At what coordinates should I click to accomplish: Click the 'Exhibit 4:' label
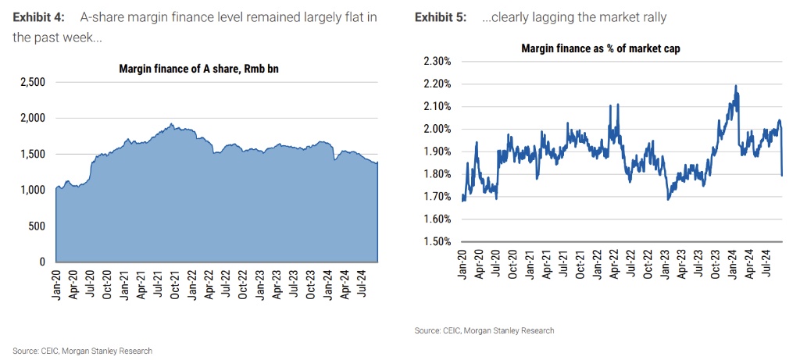(39, 17)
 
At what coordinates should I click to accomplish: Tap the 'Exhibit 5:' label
(441, 17)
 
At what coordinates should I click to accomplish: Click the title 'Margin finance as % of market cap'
(600, 48)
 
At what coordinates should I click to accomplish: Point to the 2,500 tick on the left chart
(32, 82)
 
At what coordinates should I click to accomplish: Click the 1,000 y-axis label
(32, 190)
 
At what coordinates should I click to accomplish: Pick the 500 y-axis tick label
(37, 226)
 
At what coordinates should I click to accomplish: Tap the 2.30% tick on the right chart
(436, 62)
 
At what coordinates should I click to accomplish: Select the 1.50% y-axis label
(436, 241)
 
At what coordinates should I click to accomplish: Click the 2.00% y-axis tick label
(436, 129)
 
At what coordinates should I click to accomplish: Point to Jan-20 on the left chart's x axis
(57, 286)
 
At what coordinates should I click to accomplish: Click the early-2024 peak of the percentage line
(736, 86)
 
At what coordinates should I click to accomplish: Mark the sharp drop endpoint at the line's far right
(782, 175)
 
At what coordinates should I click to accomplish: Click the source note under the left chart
(82, 351)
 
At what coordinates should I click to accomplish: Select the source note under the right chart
(484, 330)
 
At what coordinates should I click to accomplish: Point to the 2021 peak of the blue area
(171, 123)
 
